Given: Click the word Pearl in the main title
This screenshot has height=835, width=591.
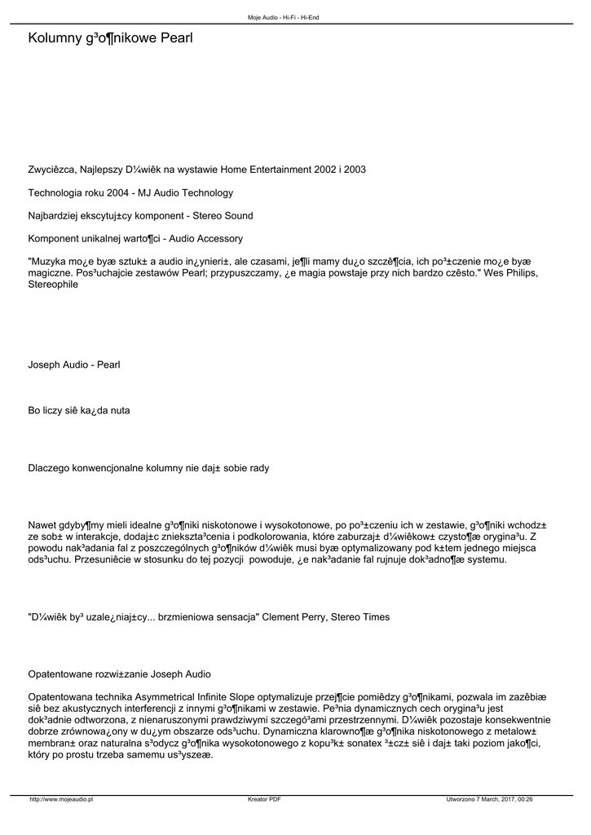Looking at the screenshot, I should [x=174, y=38].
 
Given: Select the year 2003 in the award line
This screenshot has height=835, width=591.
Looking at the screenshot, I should [x=355, y=170].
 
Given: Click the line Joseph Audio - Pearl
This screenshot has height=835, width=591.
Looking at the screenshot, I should [x=74, y=364].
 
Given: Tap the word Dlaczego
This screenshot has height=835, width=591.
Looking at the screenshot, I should [x=50, y=468].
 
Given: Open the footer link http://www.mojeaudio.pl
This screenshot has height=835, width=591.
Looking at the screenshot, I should [x=61, y=800].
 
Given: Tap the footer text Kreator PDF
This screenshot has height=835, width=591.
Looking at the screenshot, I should [x=264, y=800].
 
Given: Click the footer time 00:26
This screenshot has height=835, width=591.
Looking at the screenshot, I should [x=525, y=800].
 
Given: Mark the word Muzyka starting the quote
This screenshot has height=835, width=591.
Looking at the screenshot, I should [x=48, y=262].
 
